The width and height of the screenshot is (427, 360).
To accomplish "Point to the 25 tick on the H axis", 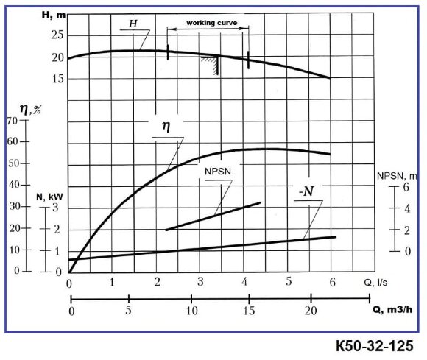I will (57, 35).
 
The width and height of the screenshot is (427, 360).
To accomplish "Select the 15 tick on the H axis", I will (57, 78).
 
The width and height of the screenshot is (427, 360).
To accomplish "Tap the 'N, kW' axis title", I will (48, 197).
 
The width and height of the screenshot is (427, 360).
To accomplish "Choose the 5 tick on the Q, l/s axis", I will (289, 282).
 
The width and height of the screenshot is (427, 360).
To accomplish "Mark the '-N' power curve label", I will (306, 192).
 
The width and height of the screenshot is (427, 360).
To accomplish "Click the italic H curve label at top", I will (133, 24).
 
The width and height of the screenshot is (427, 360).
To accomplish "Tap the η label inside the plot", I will (166, 125).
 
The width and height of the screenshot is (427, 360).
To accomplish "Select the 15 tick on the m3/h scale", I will (251, 310).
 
